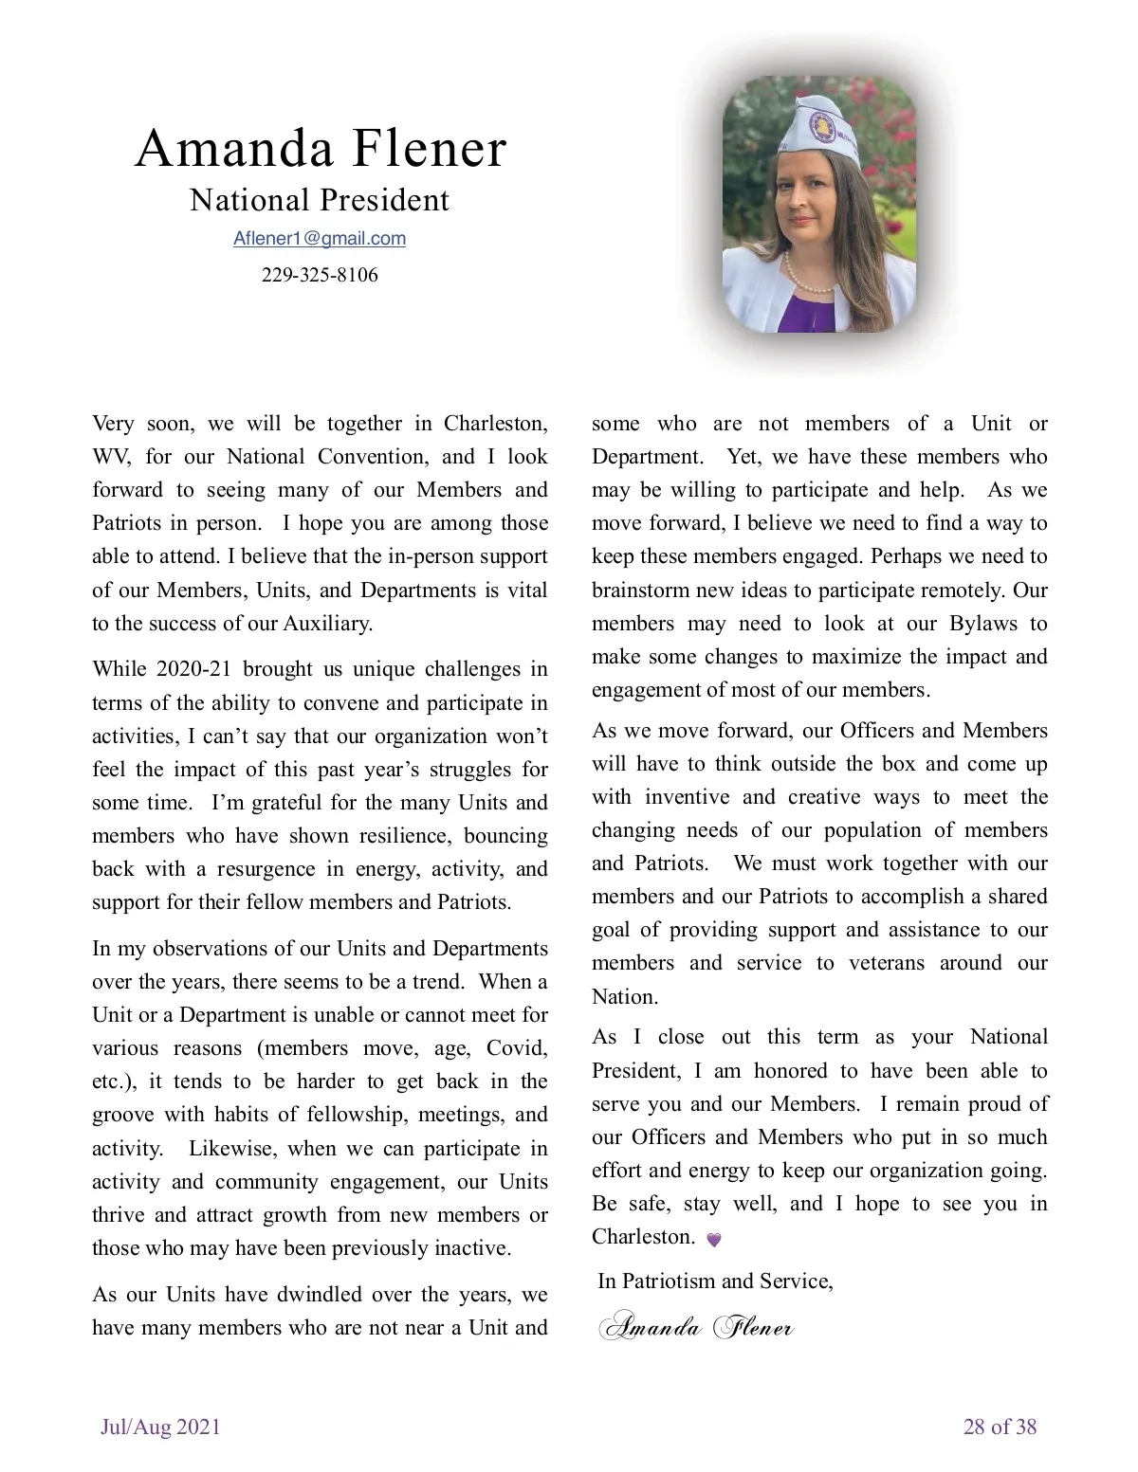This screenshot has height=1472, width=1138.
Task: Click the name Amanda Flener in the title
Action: (321, 149)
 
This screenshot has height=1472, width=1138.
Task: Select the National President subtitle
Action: (320, 200)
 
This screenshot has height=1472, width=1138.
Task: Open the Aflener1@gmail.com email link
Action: (320, 239)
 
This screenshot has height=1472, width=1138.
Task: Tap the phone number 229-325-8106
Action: (320, 275)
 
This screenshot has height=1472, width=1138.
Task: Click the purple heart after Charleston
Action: (714, 1239)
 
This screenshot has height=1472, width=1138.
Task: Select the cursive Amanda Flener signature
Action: (697, 1326)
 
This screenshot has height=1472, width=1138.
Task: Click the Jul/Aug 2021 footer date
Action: (160, 1427)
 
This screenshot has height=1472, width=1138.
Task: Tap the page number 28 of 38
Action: (1000, 1427)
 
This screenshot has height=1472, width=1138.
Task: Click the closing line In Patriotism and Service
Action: (715, 1281)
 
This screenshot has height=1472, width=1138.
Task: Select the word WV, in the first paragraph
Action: (111, 457)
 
